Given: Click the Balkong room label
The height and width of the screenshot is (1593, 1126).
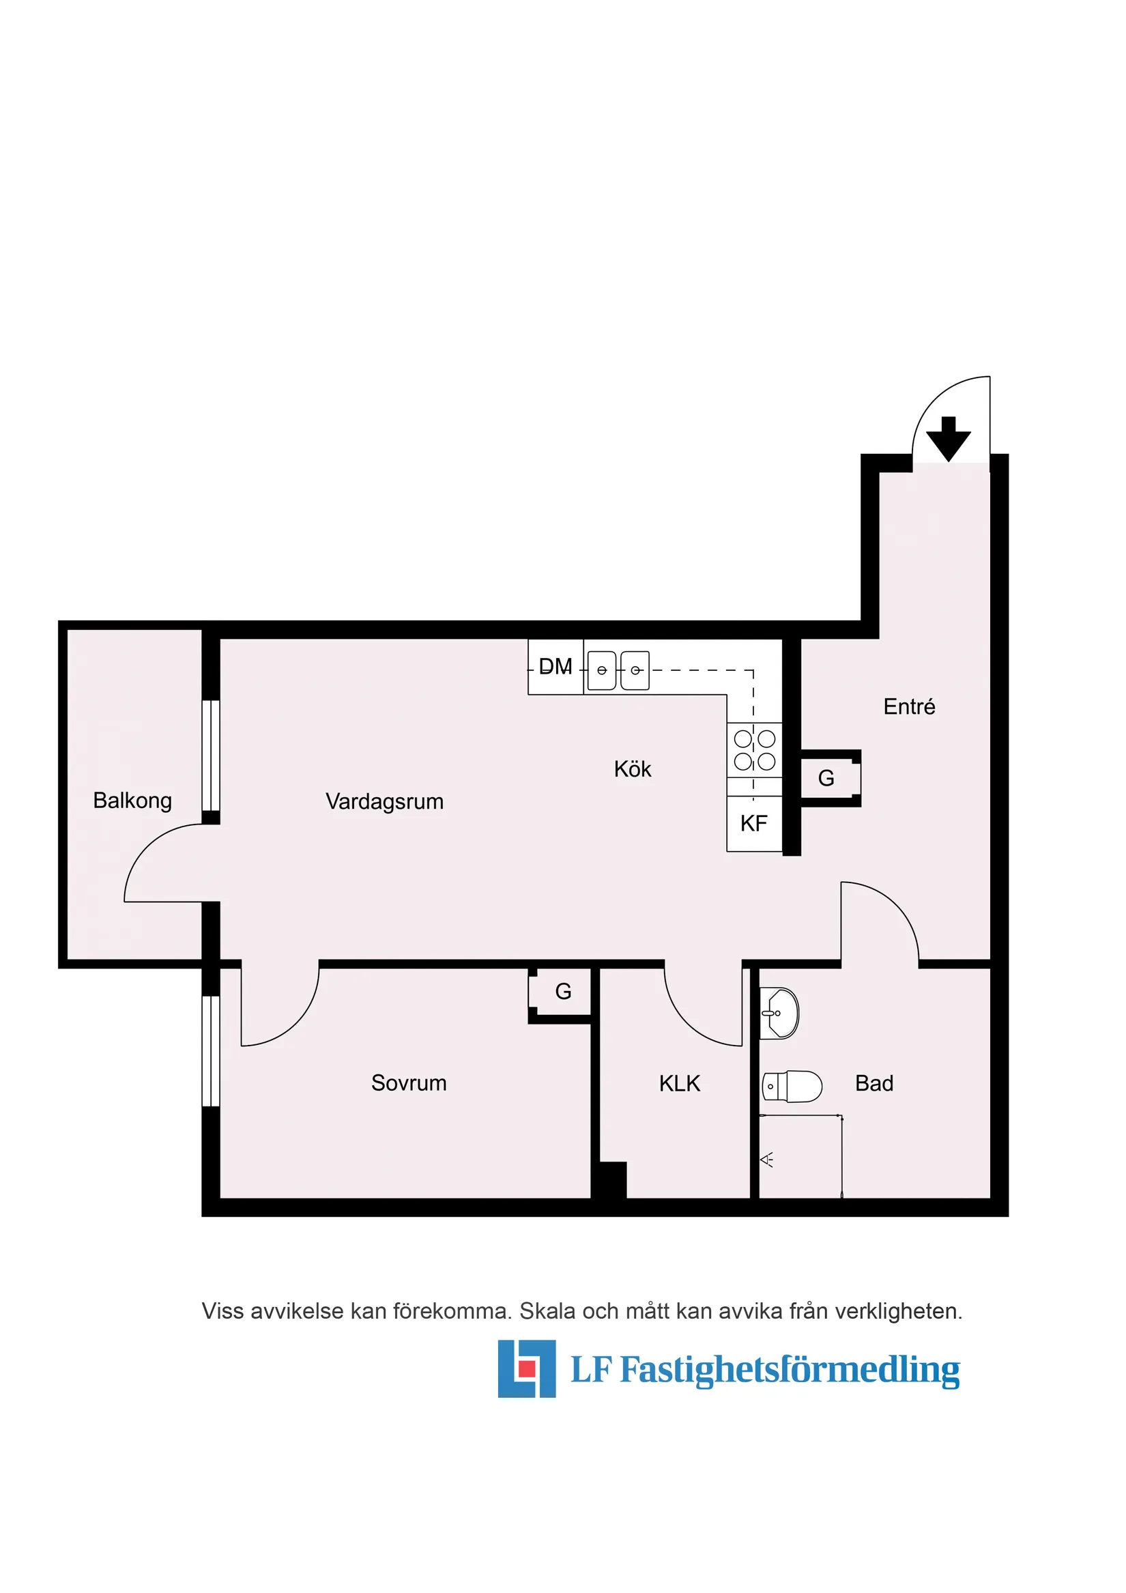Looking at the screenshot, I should pyautogui.click(x=132, y=800).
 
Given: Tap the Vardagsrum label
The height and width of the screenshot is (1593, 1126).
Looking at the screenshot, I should pyautogui.click(x=384, y=801).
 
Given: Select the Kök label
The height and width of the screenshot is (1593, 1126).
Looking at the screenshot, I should pyautogui.click(x=632, y=769).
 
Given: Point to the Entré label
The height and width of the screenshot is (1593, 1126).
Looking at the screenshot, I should pyautogui.click(x=909, y=706).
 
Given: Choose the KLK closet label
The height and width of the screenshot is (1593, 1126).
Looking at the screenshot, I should pyautogui.click(x=679, y=1083).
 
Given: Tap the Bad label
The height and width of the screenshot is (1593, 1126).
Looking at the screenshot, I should pyautogui.click(x=874, y=1083).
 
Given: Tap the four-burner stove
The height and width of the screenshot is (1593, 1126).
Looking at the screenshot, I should pyautogui.click(x=754, y=750).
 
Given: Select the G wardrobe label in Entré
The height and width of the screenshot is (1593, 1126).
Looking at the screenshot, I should pyautogui.click(x=826, y=778).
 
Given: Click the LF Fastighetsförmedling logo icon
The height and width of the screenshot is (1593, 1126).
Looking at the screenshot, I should pyautogui.click(x=527, y=1368).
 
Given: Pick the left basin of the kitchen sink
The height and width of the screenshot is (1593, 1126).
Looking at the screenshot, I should pyautogui.click(x=601, y=670).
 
